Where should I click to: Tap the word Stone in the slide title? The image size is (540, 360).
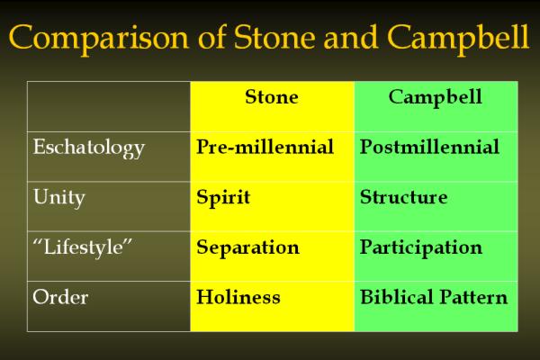click(274, 36)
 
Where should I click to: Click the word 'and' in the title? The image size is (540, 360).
click(351, 37)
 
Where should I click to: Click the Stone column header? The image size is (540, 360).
click(272, 97)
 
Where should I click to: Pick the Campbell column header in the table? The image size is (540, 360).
click(436, 97)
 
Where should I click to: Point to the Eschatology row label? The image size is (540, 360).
click(89, 148)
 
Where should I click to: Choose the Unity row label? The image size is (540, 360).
click(58, 198)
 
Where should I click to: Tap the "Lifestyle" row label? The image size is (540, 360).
click(83, 247)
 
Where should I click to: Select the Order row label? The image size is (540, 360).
click(60, 297)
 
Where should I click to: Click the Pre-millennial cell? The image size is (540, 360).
click(265, 147)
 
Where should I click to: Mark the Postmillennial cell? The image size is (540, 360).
click(429, 147)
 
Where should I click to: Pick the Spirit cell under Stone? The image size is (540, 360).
click(223, 198)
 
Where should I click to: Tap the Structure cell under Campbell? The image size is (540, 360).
click(403, 197)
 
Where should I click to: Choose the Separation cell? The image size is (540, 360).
click(248, 248)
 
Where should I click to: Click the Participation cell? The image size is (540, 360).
click(421, 248)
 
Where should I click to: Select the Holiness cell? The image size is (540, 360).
click(238, 297)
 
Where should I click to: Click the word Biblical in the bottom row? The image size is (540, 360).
click(396, 297)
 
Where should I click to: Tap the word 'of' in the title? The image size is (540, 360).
click(211, 36)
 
